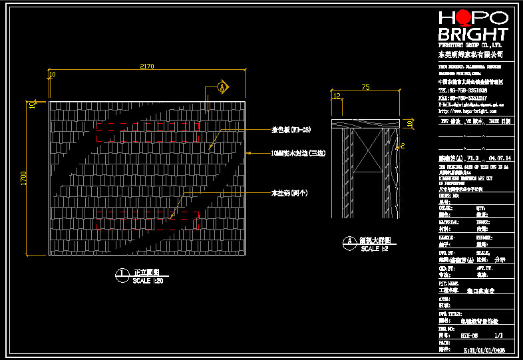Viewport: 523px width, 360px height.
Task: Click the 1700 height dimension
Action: (x=23, y=178)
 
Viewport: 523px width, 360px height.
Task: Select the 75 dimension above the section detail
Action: (x=365, y=87)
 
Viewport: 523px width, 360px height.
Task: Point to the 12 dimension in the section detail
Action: (x=337, y=96)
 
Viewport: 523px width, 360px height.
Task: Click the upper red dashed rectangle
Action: (x=148, y=135)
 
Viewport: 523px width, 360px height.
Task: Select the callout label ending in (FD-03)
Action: (x=291, y=130)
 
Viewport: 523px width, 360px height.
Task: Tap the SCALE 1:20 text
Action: (x=148, y=280)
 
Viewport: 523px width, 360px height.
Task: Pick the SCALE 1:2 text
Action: (x=374, y=249)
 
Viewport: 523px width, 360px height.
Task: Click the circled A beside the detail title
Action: (x=347, y=242)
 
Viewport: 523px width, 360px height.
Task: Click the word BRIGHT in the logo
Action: (x=473, y=35)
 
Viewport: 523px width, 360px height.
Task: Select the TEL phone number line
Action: (x=462, y=89)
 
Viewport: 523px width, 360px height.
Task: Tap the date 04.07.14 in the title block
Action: (x=500, y=159)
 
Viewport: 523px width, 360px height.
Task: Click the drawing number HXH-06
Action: (x=470, y=337)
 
